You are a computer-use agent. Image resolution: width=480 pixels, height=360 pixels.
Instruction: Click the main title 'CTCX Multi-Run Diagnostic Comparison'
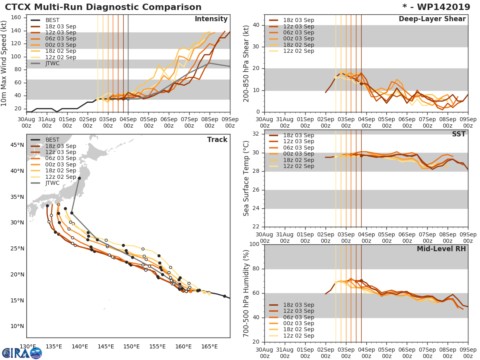103,7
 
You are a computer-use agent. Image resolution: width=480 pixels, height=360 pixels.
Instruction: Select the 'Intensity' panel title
211,19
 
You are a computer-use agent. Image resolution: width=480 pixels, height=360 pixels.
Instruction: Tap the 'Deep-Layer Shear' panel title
432,19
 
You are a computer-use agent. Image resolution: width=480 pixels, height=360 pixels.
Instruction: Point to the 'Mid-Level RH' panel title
441,249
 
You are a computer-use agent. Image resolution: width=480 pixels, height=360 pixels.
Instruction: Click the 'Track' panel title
217,140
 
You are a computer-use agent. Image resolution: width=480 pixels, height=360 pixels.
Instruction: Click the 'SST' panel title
458,134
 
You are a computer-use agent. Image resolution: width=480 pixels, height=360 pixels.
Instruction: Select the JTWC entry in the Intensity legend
52,64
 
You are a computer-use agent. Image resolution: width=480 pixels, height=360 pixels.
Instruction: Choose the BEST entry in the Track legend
52,140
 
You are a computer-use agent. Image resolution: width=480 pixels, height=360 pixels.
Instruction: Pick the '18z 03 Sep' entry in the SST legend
298,135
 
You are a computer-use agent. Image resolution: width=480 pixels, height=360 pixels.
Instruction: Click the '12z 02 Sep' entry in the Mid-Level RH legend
298,336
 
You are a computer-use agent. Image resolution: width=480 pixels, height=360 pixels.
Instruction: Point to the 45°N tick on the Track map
16,145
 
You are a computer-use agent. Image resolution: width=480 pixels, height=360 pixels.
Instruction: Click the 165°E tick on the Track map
209,346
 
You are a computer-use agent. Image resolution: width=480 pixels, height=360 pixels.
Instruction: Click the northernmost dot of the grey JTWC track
79,178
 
